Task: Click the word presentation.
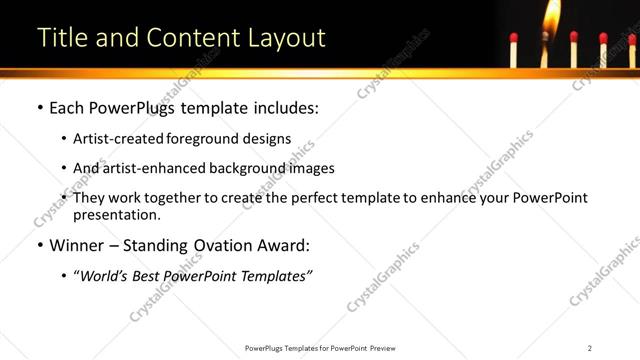115,214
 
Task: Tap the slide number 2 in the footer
590,348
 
